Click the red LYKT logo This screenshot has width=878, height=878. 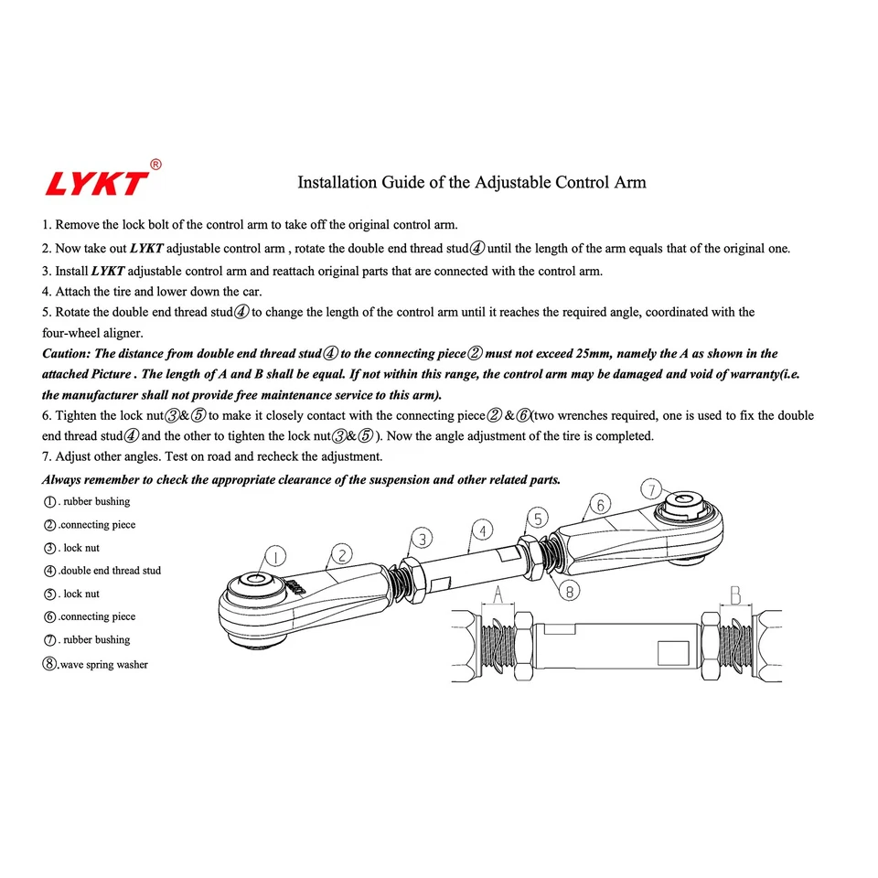[x=96, y=183]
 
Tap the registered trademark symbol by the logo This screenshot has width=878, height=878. [x=155, y=165]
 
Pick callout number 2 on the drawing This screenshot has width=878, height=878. [x=341, y=553]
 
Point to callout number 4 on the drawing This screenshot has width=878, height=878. [x=482, y=529]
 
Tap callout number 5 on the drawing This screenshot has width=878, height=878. [x=539, y=519]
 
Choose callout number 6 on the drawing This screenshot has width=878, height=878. [x=600, y=504]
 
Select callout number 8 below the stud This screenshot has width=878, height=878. [x=569, y=591]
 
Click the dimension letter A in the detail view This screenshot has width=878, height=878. [x=498, y=594]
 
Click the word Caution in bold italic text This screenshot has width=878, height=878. [x=67, y=354]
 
